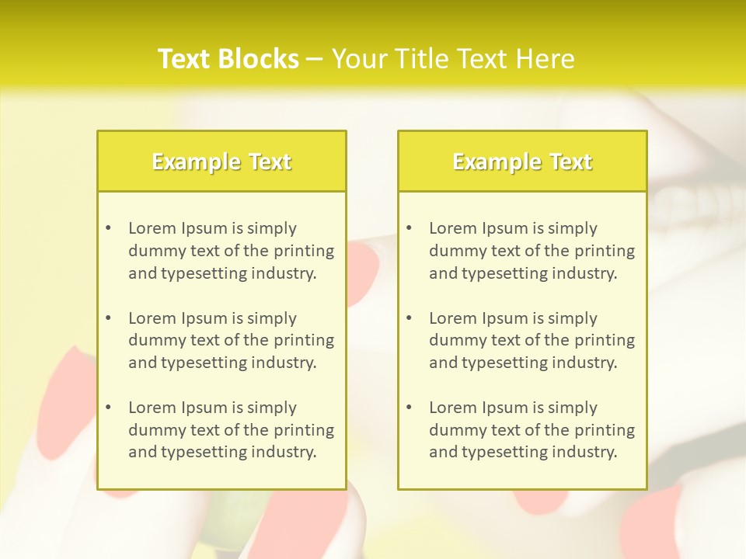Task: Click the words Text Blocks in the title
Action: (x=228, y=59)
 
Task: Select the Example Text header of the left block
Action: (x=221, y=161)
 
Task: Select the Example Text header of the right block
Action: (x=522, y=161)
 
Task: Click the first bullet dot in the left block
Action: (x=109, y=228)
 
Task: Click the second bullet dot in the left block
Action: (x=109, y=318)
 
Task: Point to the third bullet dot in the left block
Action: (x=109, y=408)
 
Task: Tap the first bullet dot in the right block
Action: (x=410, y=228)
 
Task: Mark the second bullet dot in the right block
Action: (x=410, y=318)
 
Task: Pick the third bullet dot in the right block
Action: (x=410, y=408)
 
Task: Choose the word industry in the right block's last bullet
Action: (x=584, y=453)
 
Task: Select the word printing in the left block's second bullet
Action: (x=304, y=340)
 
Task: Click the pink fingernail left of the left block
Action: (x=65, y=404)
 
